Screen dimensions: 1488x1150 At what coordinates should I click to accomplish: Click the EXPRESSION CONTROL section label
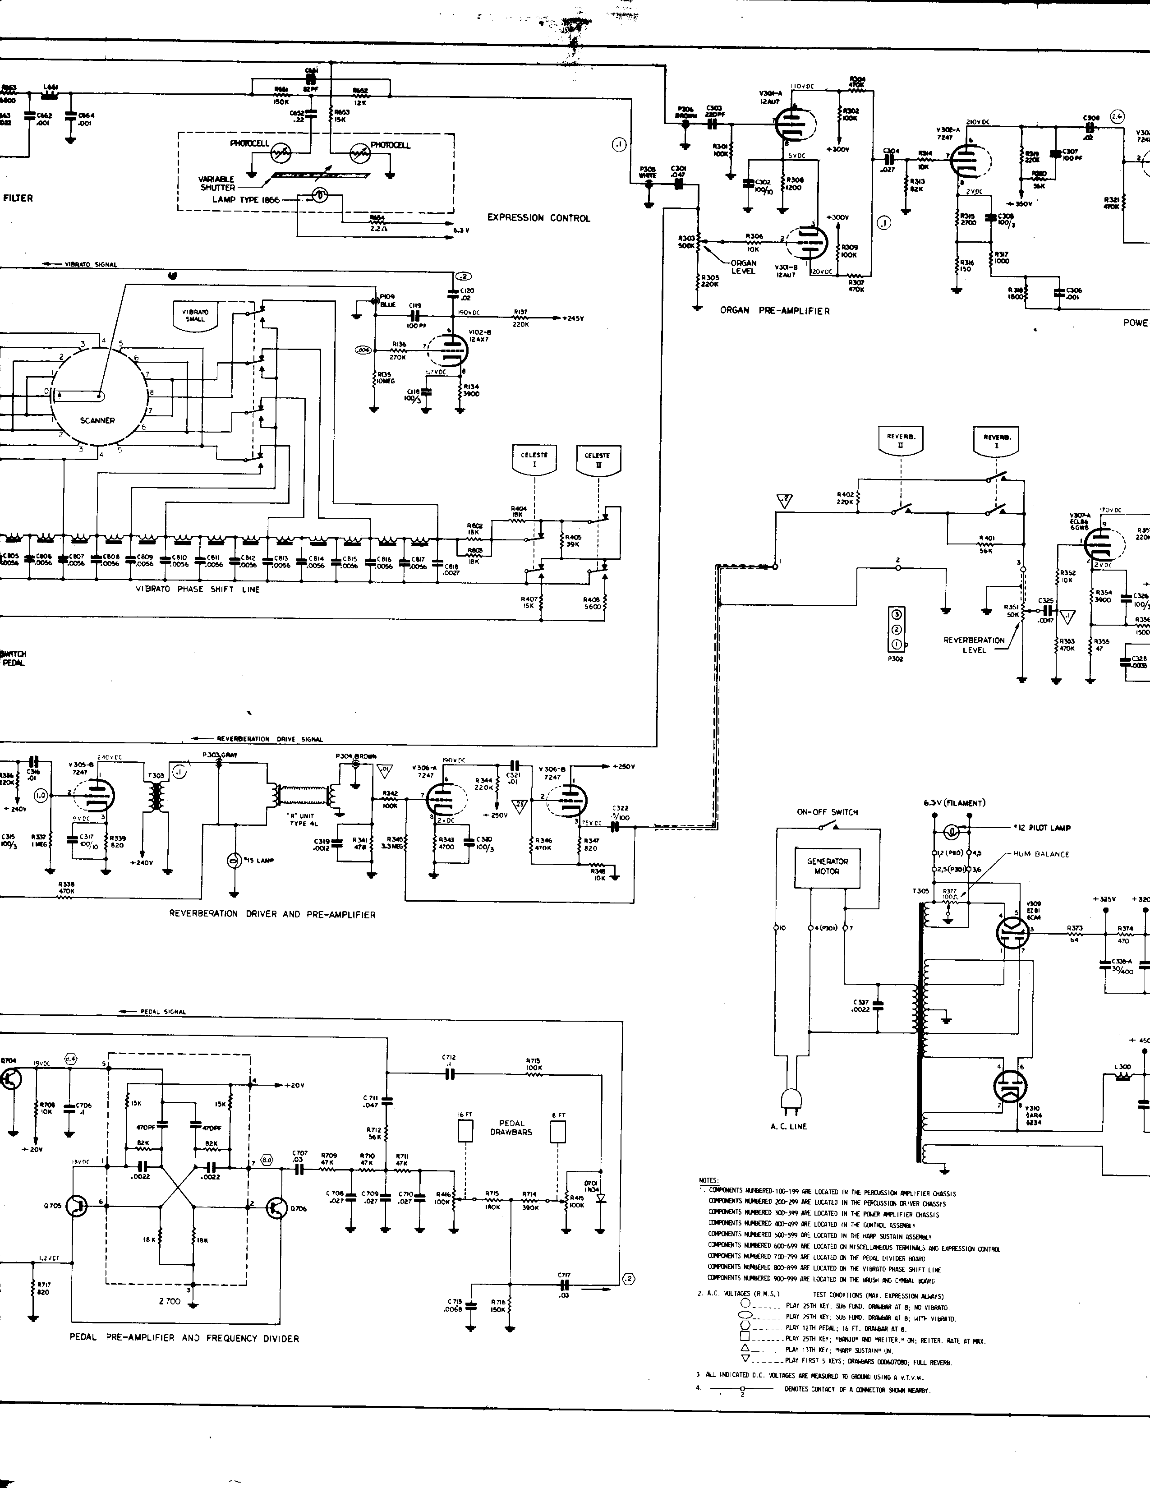click(x=538, y=218)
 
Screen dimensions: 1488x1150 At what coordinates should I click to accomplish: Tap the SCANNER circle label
click(x=97, y=420)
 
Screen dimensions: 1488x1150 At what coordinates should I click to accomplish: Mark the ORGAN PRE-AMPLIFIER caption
click(x=775, y=311)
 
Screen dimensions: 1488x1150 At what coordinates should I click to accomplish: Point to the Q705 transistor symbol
click(x=78, y=1205)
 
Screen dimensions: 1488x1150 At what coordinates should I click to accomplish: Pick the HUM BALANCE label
click(x=1042, y=854)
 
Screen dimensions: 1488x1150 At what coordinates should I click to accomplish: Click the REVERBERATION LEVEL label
click(x=974, y=645)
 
